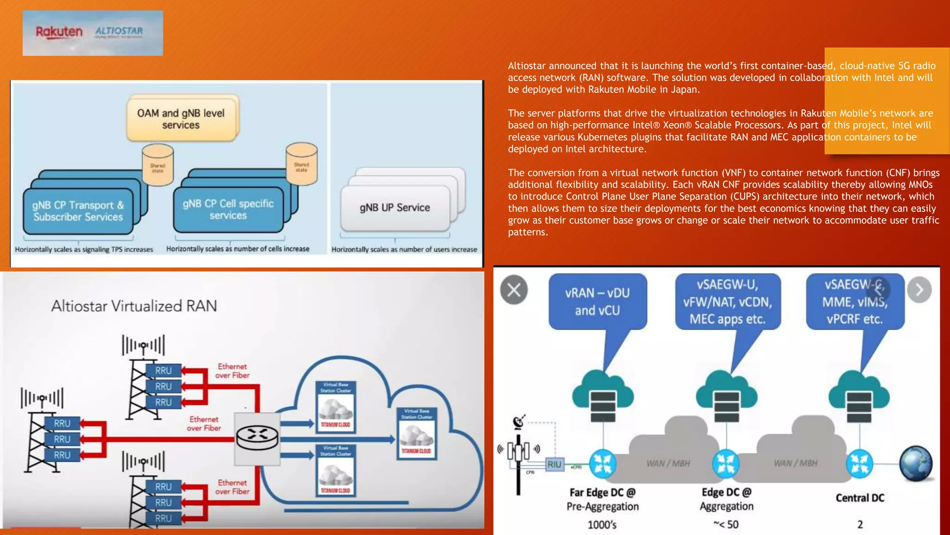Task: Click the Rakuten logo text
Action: pos(59,32)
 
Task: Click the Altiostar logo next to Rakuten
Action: pos(119,32)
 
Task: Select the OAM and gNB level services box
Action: pos(181,119)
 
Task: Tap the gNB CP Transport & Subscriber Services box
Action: pos(78,211)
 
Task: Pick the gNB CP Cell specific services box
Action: pos(228,209)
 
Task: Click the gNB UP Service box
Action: pos(395,208)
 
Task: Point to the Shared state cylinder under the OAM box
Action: pos(158,164)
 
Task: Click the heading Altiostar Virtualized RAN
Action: pos(134,306)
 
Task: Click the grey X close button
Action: pos(514,290)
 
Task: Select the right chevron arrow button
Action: pos(919,290)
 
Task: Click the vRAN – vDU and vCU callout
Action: pos(597,302)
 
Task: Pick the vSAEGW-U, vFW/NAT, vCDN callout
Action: pos(727,302)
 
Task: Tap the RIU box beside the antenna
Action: pos(554,464)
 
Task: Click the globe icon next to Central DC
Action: pos(916,463)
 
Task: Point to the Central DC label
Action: pos(860,498)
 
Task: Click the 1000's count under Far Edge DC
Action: pos(602,525)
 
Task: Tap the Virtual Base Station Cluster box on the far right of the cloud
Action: pos(417,433)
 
